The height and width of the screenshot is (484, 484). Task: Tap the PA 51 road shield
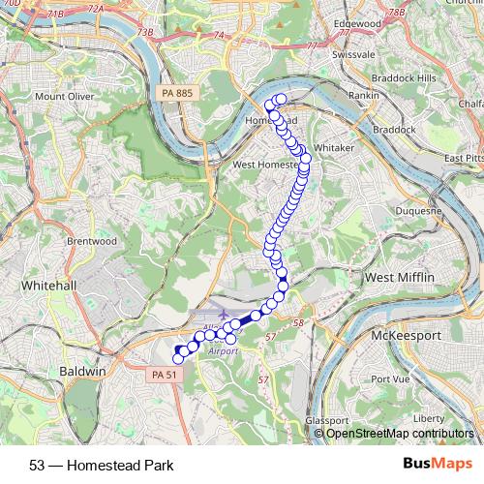pos(165,374)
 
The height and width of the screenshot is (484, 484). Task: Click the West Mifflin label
pos(399,278)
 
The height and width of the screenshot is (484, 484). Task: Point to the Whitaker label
pos(335,147)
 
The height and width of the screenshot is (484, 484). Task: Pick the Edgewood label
pos(356,22)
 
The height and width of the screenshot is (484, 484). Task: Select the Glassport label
pos(326,421)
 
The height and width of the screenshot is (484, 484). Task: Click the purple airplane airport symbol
pos(225,314)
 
